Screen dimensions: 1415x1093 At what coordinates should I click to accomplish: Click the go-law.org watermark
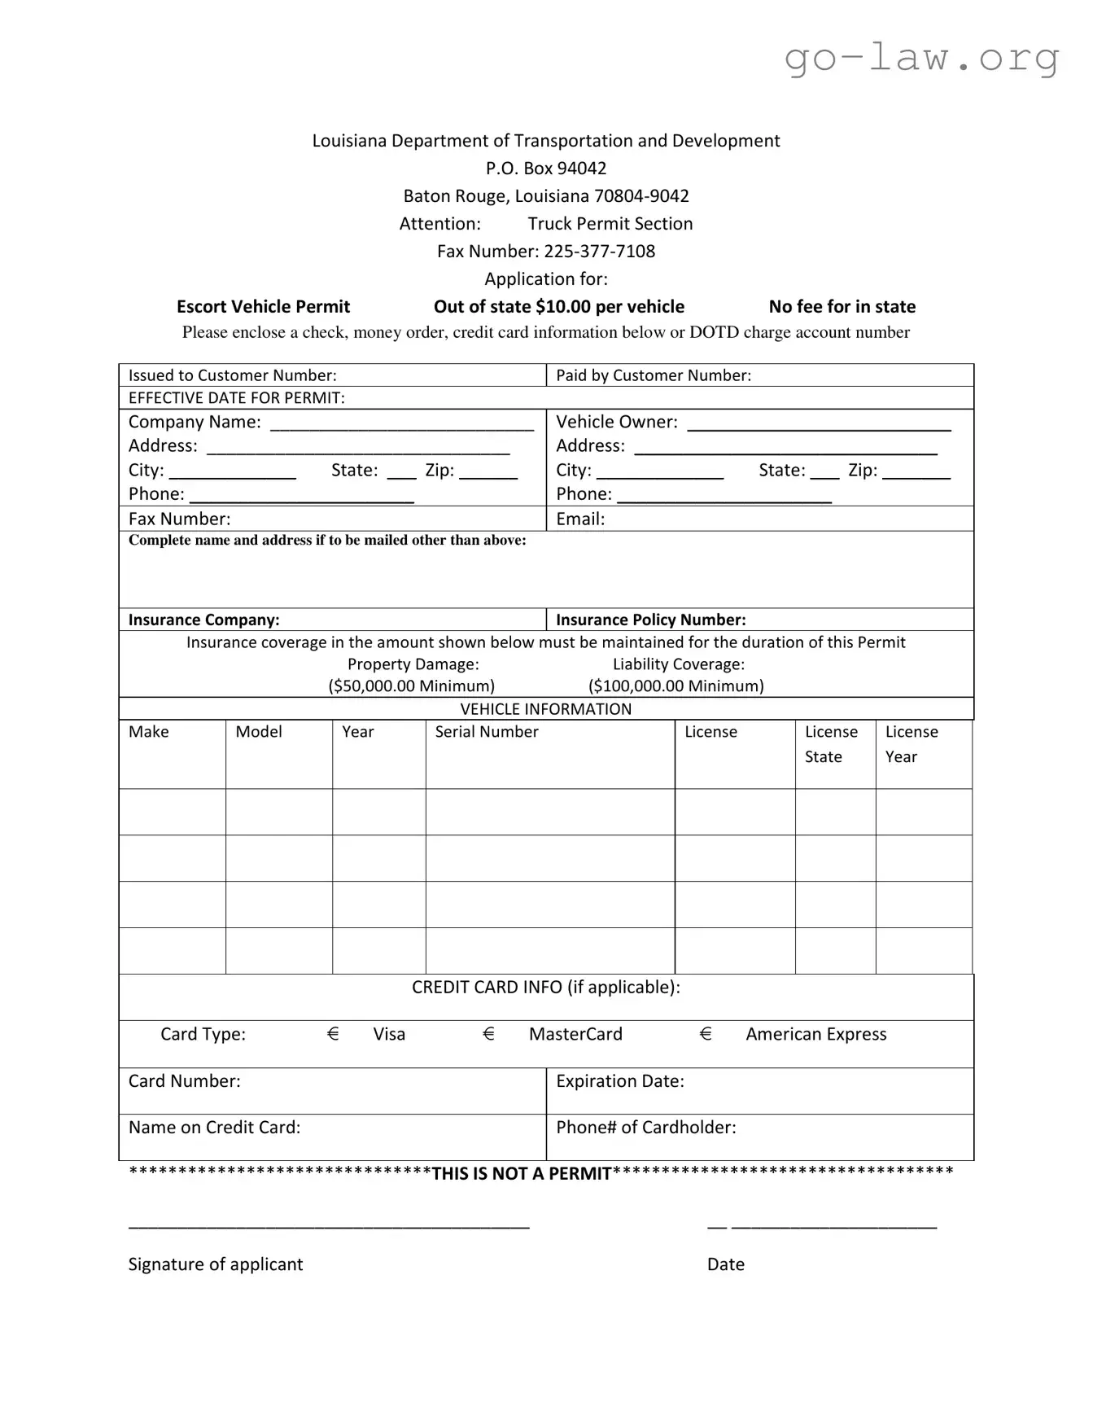coord(921,58)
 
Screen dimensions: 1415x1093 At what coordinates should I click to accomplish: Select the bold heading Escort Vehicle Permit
coord(263,307)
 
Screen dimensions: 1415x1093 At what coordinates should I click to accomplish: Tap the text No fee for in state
coord(842,307)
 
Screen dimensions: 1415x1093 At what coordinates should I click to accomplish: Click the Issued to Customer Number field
coord(332,375)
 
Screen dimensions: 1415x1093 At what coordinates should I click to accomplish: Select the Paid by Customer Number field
coord(759,375)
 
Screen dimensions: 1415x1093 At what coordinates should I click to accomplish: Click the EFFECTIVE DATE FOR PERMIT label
coord(236,398)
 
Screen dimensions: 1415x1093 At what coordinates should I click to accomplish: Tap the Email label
coord(579,519)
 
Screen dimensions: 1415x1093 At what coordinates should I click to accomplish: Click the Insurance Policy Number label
coord(650,620)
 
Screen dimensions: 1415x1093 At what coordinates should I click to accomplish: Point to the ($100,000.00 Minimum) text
coord(675,686)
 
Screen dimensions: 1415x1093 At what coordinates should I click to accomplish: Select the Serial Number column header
coord(486,732)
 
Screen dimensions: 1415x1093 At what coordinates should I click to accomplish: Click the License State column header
coord(831,744)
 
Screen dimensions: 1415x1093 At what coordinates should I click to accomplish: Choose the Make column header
coord(149,732)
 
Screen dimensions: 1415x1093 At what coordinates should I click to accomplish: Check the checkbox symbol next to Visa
coord(333,1034)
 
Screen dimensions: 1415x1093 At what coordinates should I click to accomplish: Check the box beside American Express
coord(706,1034)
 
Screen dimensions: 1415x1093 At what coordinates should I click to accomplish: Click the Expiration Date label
coord(619,1081)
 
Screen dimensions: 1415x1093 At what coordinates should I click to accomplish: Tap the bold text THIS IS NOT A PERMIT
coord(521,1174)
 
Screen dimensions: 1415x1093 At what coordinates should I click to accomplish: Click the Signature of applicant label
coord(215,1264)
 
